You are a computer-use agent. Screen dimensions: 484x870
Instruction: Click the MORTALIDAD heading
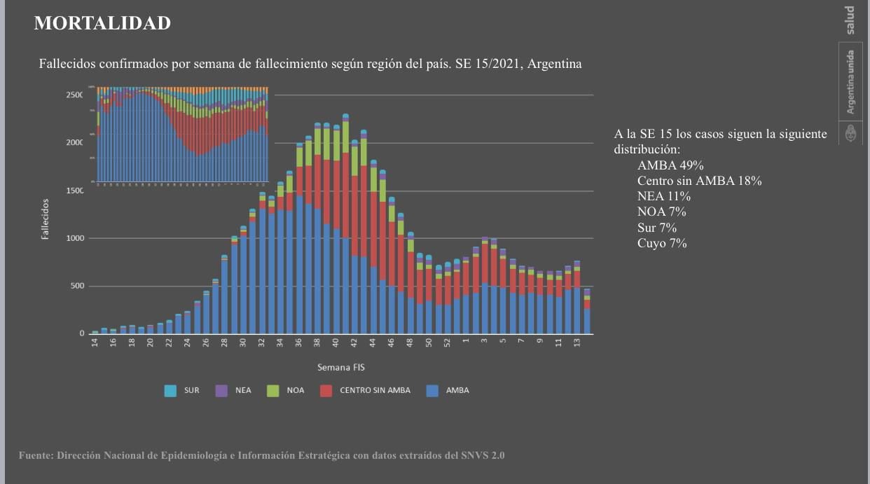pyautogui.click(x=102, y=23)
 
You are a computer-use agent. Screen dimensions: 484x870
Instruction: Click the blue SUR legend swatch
pyautogui.click(x=170, y=390)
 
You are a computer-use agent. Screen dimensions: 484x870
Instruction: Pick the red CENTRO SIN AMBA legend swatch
pyautogui.click(x=326, y=390)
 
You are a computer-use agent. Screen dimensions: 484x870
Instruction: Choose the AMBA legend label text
pyautogui.click(x=457, y=390)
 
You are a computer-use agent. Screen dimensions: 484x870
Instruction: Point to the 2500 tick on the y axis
pyautogui.click(x=74, y=95)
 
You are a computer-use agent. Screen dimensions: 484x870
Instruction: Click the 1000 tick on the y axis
pyautogui.click(x=74, y=238)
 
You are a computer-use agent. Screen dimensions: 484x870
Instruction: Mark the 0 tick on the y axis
pyautogui.click(x=81, y=333)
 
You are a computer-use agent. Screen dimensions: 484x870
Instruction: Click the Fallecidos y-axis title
pyautogui.click(x=45, y=219)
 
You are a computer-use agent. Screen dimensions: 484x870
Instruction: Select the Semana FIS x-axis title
pyautogui.click(x=341, y=367)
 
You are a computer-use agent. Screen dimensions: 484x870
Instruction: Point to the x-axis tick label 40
pyautogui.click(x=336, y=343)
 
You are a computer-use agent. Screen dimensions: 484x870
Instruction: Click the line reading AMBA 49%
pyautogui.click(x=670, y=165)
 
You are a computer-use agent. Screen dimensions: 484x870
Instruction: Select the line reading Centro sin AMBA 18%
pyautogui.click(x=699, y=181)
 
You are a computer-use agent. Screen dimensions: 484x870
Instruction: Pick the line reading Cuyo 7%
pyautogui.click(x=662, y=244)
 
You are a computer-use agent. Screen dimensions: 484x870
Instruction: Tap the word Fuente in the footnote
pyautogui.click(x=35, y=455)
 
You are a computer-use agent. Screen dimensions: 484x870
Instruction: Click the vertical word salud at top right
pyautogui.click(x=850, y=20)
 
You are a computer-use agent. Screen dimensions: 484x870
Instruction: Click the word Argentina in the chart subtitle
pyautogui.click(x=554, y=64)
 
